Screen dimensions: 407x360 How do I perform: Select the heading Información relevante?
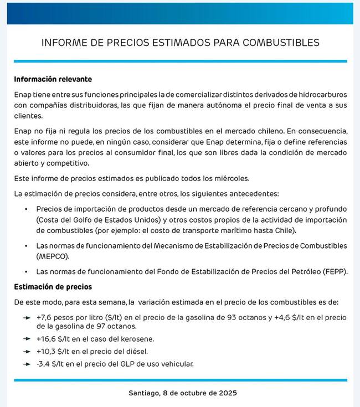click(53, 79)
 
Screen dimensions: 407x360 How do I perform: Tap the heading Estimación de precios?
click(53, 287)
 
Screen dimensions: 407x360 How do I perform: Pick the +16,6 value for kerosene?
click(47, 338)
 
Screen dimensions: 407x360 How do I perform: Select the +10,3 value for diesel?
click(47, 351)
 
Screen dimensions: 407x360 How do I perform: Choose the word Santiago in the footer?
click(144, 393)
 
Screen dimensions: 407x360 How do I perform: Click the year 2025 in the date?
click(226, 393)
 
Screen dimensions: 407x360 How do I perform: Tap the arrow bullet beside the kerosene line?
click(27, 338)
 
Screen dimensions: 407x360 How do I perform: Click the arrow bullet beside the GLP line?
click(27, 364)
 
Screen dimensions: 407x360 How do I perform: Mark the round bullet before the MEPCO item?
click(25, 245)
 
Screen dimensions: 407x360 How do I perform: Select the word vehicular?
click(174, 364)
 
